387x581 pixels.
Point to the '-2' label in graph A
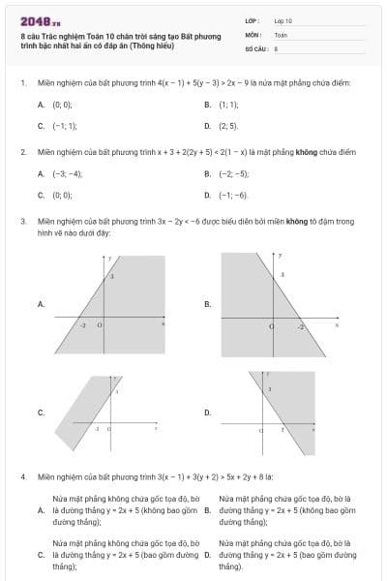coord(83,326)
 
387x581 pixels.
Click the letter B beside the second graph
coord(207,304)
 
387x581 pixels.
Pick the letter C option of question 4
coord(40,555)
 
